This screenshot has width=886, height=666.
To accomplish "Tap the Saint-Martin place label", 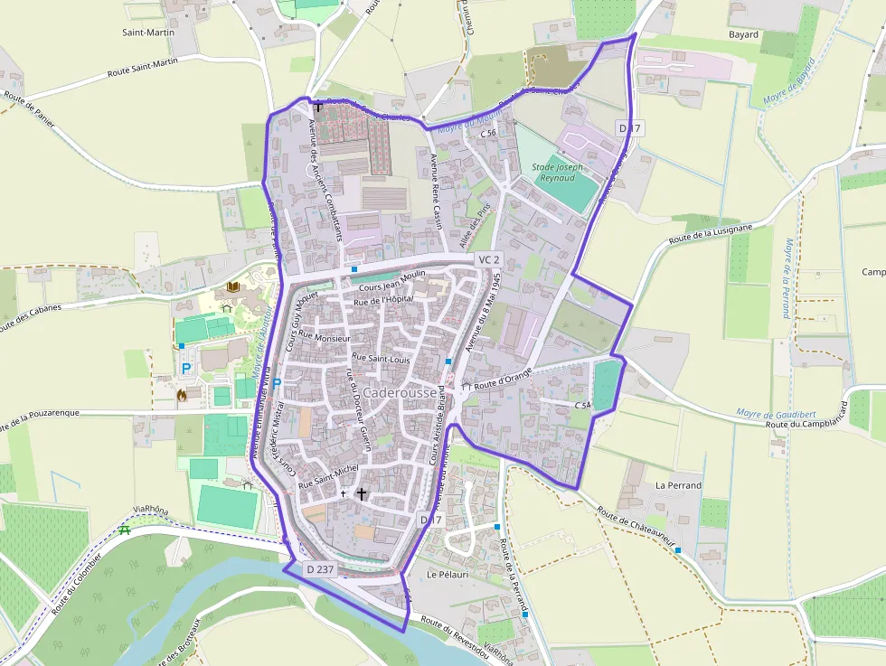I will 148,32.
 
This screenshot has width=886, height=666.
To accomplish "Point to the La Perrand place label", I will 678,485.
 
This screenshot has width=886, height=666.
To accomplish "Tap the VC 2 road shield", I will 488,259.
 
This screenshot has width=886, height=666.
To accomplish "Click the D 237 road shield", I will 321,569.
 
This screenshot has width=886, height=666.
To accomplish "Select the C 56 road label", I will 488,133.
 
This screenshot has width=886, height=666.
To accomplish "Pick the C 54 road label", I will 582,406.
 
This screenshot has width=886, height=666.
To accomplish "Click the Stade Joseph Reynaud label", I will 558,172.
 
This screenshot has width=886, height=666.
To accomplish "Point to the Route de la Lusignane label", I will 710,234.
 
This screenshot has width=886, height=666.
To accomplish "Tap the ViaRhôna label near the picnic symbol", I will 150,511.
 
